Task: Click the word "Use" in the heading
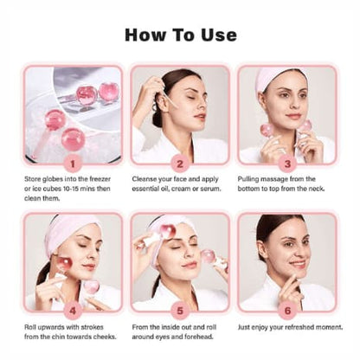click(219, 35)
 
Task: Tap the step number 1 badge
click(73, 164)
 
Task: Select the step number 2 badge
click(180, 164)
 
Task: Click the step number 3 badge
click(287, 164)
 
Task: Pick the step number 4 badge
click(73, 311)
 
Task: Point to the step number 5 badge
click(180, 311)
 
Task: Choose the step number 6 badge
click(287, 311)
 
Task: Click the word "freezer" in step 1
click(100, 179)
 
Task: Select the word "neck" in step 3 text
click(317, 189)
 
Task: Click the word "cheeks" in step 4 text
click(104, 337)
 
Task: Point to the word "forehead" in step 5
click(199, 337)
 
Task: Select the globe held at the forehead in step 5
click(167, 231)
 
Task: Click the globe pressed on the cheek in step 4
click(64, 264)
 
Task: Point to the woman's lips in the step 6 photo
click(297, 264)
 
